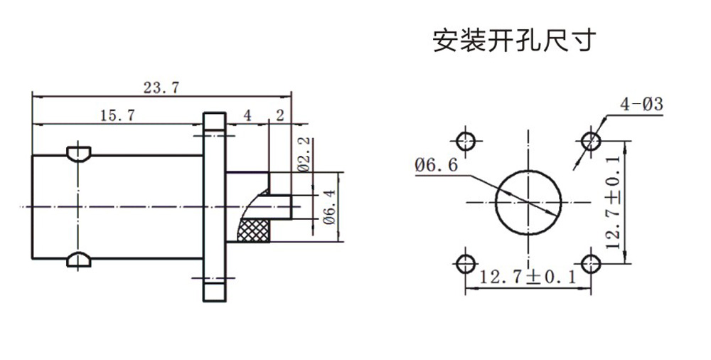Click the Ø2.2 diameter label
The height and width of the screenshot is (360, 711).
301,154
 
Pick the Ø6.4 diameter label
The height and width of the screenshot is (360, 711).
328,206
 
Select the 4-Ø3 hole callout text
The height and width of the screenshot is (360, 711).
641,105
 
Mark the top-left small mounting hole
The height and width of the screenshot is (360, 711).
466,139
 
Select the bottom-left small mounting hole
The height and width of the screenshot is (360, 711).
466,263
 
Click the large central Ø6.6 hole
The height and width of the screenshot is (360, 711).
528,201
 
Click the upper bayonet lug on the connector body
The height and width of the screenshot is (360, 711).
77,152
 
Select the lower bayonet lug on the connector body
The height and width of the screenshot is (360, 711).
77,260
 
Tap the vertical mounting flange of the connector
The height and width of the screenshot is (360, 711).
213,206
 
